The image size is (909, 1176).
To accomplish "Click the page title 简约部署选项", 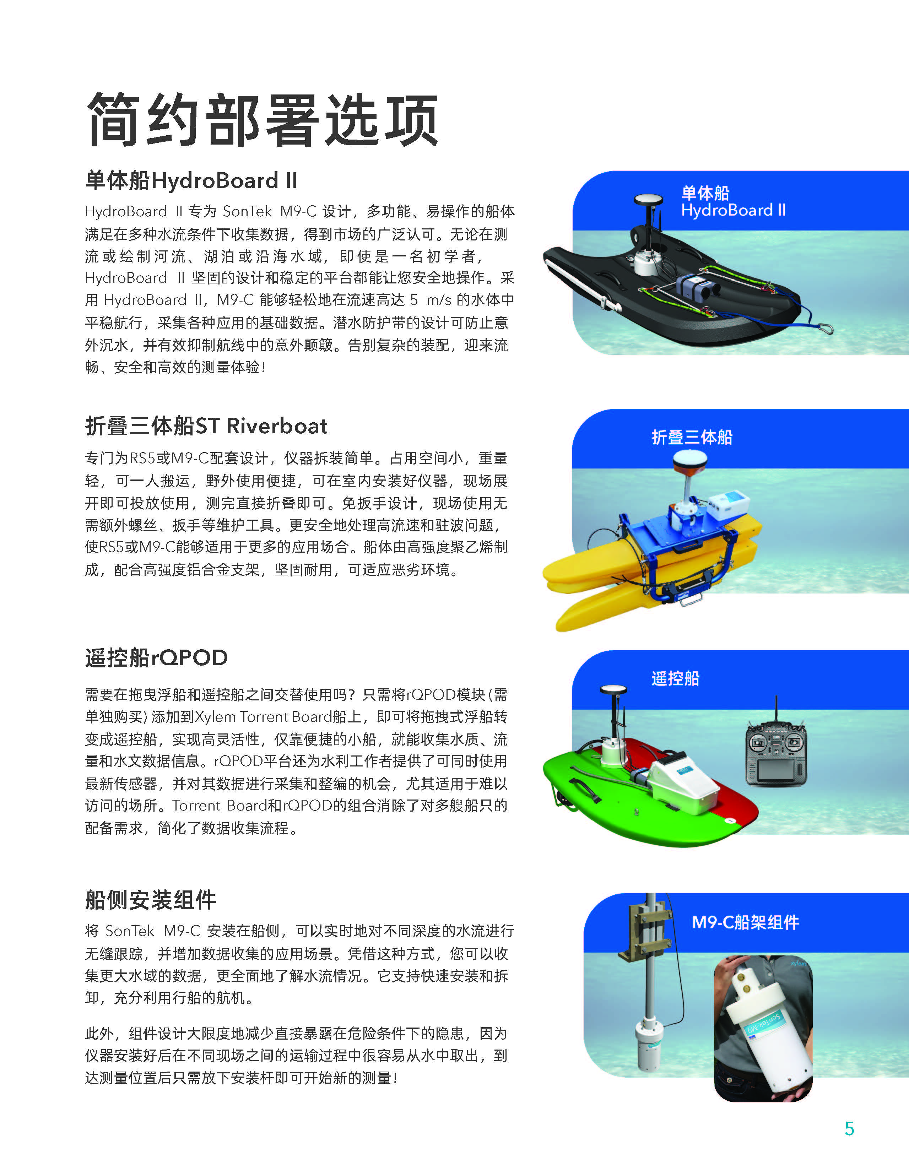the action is (262, 120).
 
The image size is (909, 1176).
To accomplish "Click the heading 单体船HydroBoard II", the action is (191, 180).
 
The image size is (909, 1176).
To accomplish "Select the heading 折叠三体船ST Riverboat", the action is (206, 426).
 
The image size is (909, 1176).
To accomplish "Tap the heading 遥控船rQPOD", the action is (156, 657).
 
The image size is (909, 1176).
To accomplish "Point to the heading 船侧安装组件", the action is (150, 899).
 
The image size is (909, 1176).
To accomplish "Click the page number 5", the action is (849, 1129).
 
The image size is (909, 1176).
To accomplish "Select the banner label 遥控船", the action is (675, 678).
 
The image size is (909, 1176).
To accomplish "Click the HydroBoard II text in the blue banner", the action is (734, 210).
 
